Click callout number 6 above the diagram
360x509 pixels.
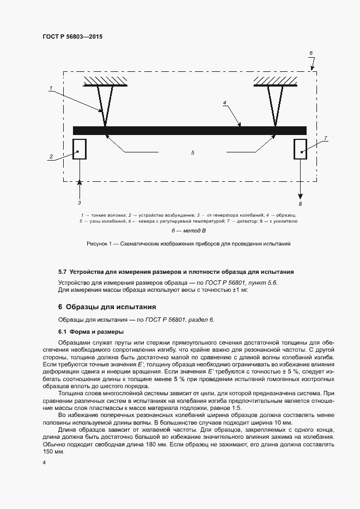(x=311, y=53)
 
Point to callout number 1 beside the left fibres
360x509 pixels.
(x=50, y=88)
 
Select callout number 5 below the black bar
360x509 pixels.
(x=192, y=153)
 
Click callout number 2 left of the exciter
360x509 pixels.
(x=51, y=157)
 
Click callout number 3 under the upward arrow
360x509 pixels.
(x=80, y=203)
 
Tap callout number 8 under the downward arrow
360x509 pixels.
(x=300, y=203)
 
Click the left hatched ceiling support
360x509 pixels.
(x=106, y=81)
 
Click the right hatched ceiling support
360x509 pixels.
(x=275, y=81)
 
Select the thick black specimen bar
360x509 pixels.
(x=190, y=130)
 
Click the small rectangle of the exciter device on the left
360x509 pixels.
(x=80, y=148)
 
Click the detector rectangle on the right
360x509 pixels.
(x=301, y=148)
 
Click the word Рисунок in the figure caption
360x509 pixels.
(x=99, y=244)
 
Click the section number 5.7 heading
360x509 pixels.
(x=62, y=271)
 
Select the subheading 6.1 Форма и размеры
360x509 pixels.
(x=90, y=332)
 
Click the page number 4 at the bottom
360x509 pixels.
(x=44, y=463)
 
